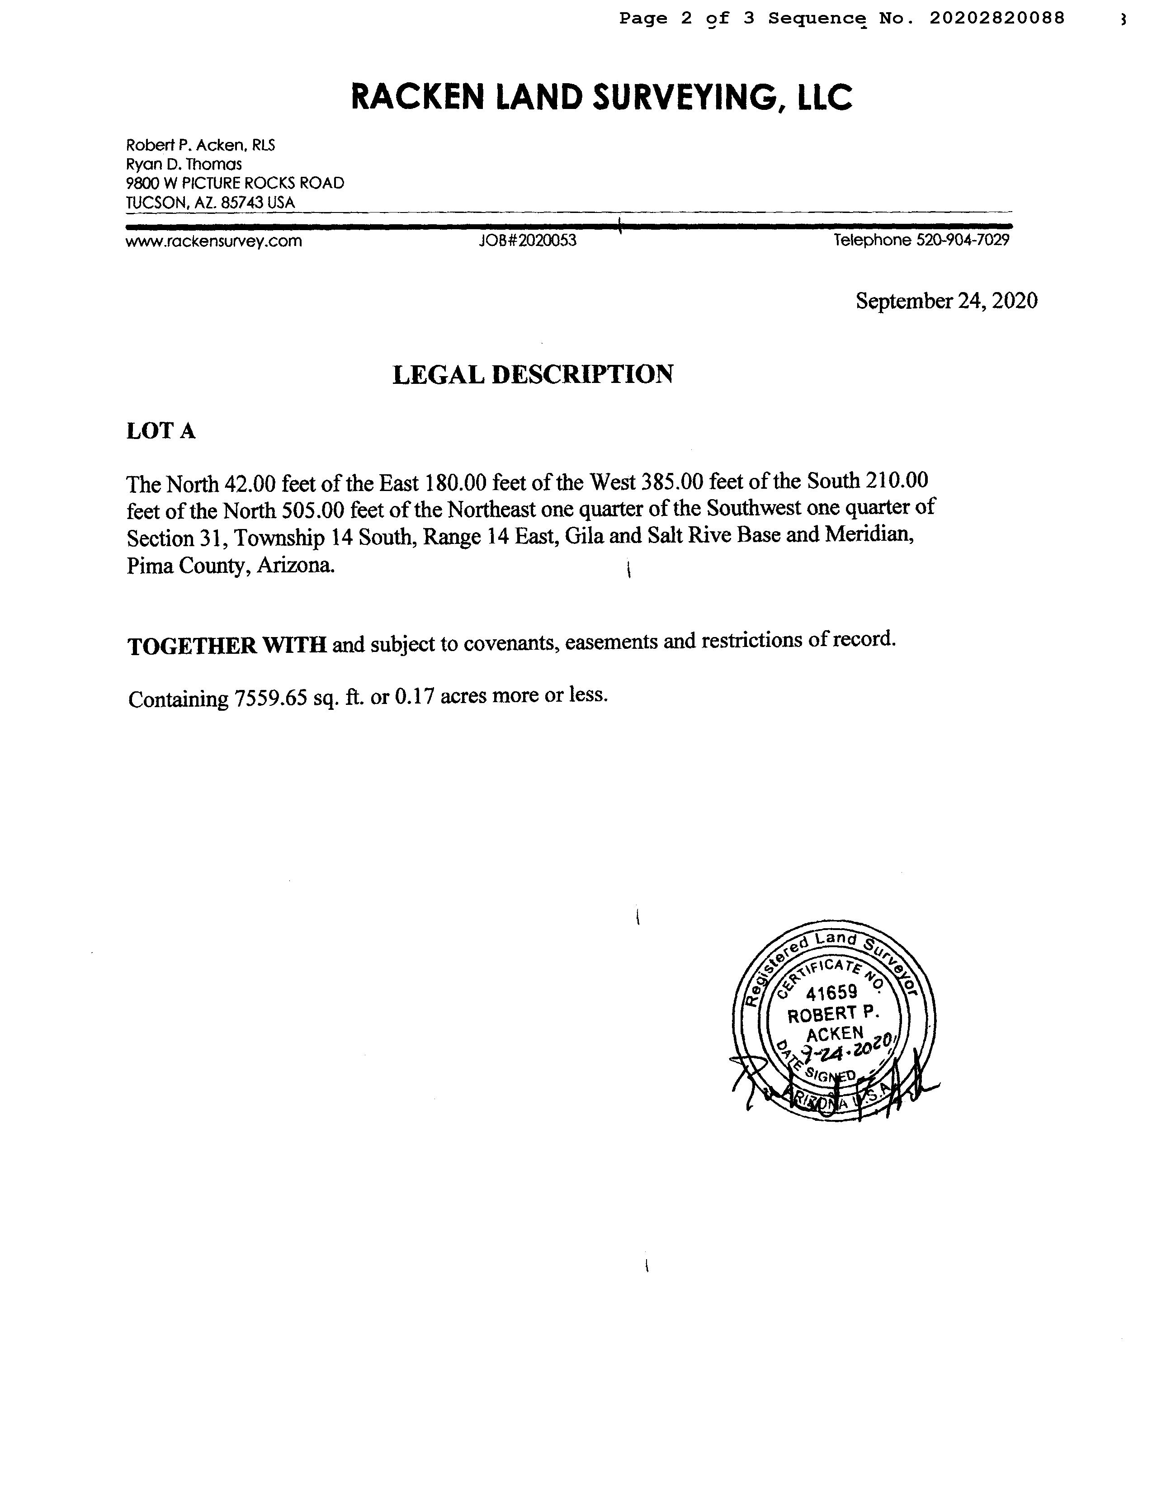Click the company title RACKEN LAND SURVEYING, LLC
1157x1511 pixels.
pyautogui.click(x=601, y=97)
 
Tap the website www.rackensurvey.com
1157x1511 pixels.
pyautogui.click(x=213, y=241)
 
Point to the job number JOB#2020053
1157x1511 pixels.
pyautogui.click(x=528, y=241)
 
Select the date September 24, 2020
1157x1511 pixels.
pyautogui.click(x=946, y=301)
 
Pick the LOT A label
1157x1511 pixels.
pyautogui.click(x=161, y=431)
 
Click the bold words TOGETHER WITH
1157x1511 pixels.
pyautogui.click(x=227, y=645)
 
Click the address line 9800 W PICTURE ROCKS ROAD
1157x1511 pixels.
pyautogui.click(x=235, y=183)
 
